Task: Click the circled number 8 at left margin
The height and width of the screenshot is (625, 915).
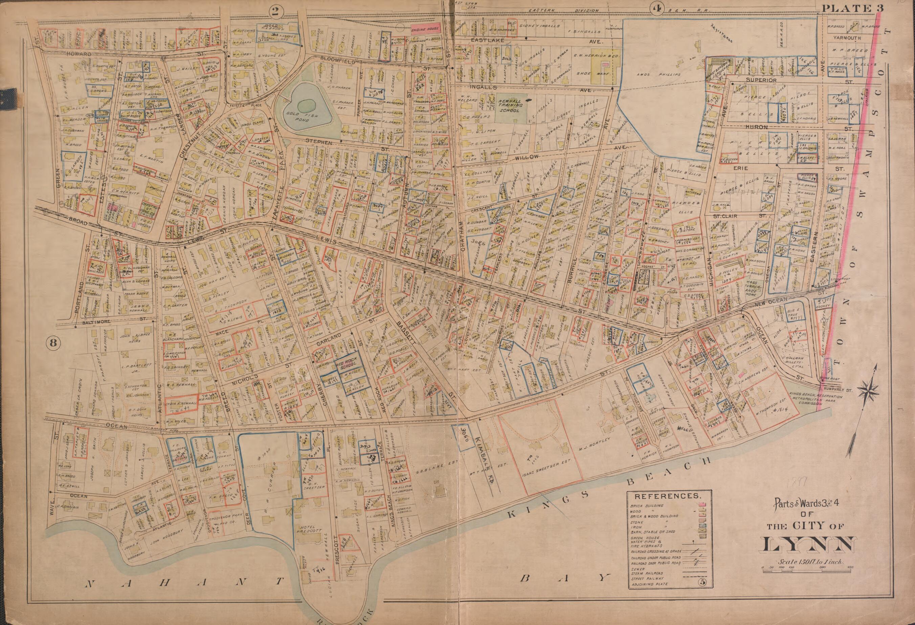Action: tap(53, 344)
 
